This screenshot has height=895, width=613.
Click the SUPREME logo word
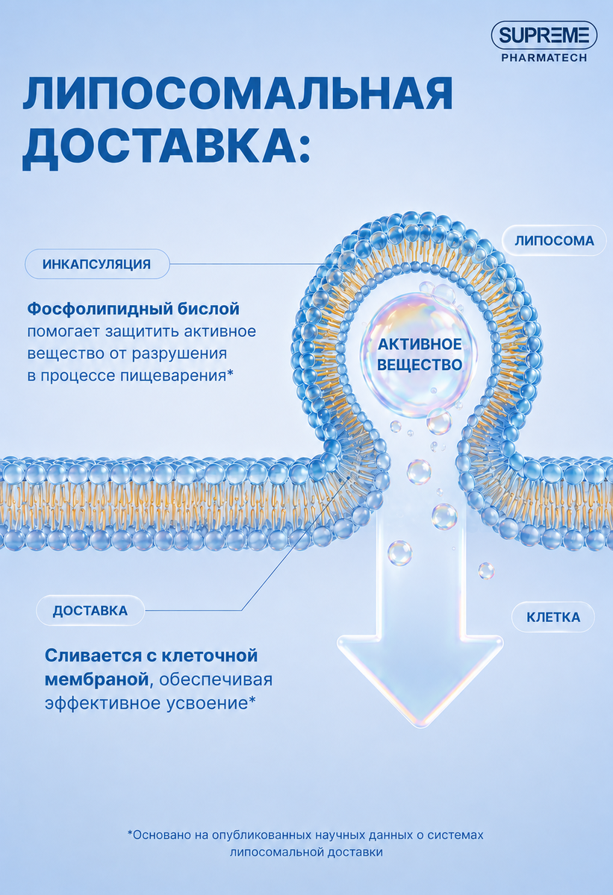[544, 36]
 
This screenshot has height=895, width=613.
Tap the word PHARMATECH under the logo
[544, 58]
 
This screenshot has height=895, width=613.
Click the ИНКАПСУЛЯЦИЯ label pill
[97, 264]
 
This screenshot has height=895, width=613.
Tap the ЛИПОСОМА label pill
[554, 241]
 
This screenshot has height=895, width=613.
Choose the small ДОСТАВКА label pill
[90, 611]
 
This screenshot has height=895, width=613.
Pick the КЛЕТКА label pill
[553, 618]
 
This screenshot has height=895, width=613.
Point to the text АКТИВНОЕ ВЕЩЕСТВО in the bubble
[420, 354]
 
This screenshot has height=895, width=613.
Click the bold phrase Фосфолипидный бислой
[134, 309]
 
